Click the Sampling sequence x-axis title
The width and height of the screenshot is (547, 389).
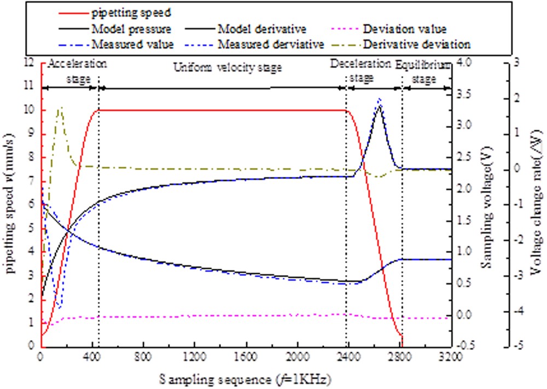246,378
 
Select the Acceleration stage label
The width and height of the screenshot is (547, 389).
77,71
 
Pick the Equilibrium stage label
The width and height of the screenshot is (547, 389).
424,72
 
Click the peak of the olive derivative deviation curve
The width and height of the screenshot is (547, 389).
60,108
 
